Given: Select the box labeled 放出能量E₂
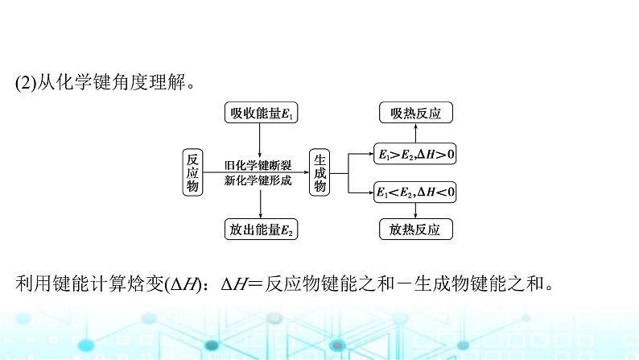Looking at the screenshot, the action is pyautogui.click(x=259, y=230).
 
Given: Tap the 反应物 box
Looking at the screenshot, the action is pyautogui.click(x=192, y=172).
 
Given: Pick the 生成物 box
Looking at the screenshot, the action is pyautogui.click(x=319, y=172).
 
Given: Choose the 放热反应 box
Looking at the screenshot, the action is pyautogui.click(x=415, y=230).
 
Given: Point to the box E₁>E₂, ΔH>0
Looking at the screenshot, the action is pyautogui.click(x=415, y=151).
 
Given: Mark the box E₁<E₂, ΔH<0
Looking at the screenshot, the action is pyautogui.click(x=415, y=192).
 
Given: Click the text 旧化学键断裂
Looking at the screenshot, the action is pyautogui.click(x=258, y=164).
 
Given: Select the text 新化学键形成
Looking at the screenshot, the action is pyautogui.click(x=258, y=180).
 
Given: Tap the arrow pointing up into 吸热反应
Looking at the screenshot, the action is pyautogui.click(x=415, y=132).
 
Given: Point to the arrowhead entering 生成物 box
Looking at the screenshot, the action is pyautogui.click(x=304, y=172).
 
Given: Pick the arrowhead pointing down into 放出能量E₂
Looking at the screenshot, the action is pyautogui.click(x=259, y=213).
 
